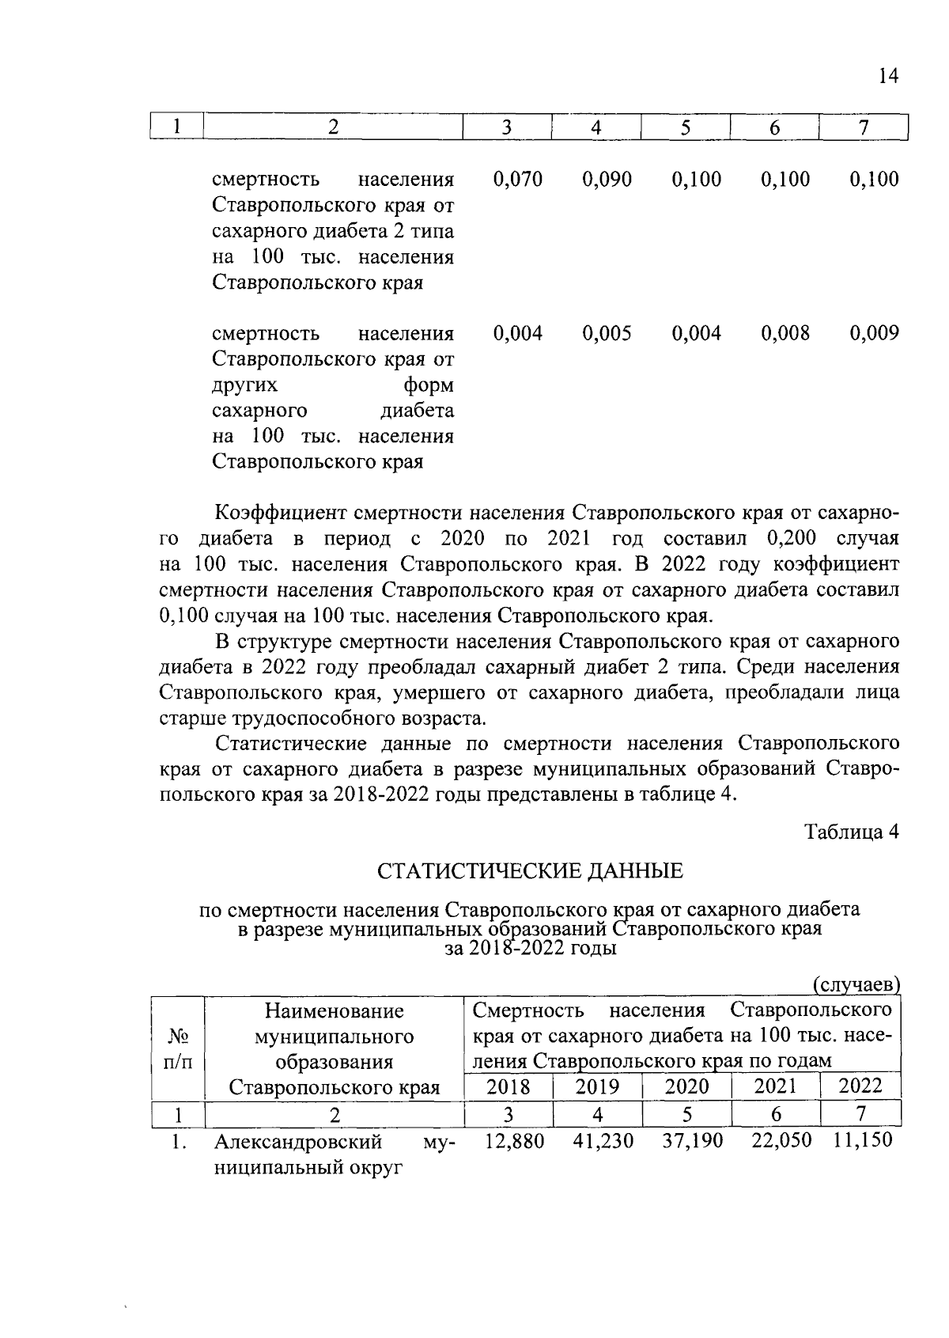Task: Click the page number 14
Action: click(x=888, y=76)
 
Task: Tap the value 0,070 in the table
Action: click(x=518, y=180)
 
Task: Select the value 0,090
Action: click(x=607, y=180)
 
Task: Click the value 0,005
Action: click(x=607, y=333)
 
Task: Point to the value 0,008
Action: click(x=785, y=333)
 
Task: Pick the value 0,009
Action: click(x=875, y=333)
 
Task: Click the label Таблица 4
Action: click(x=852, y=832)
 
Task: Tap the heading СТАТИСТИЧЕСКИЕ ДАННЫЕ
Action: click(x=529, y=872)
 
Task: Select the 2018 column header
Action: click(x=508, y=1086)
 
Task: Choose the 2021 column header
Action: click(x=775, y=1086)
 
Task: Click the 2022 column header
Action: click(x=860, y=1086)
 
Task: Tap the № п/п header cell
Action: click(x=178, y=1048)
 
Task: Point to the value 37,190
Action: click(x=693, y=1141)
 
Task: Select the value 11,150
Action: click(x=863, y=1140)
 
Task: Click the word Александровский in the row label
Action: click(x=298, y=1142)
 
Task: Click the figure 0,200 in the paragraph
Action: click(x=791, y=539)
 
